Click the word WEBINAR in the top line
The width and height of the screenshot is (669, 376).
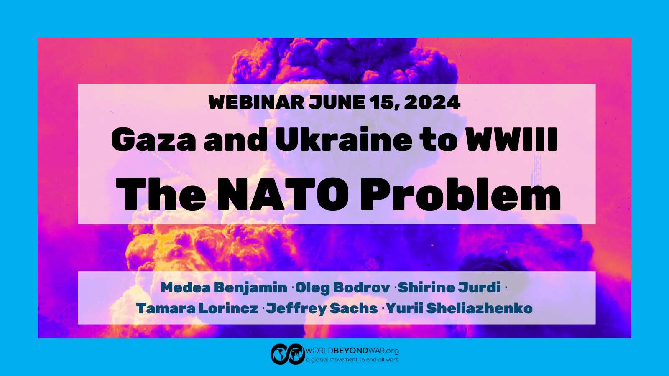(x=256, y=102)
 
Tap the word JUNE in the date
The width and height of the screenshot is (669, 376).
(x=337, y=102)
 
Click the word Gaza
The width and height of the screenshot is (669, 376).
(x=153, y=140)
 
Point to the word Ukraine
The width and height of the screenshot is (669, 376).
(x=343, y=139)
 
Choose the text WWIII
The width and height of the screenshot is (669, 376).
(x=512, y=139)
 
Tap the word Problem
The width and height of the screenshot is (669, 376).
(x=460, y=194)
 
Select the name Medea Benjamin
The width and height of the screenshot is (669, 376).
(x=224, y=288)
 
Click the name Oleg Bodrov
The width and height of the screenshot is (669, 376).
(x=342, y=288)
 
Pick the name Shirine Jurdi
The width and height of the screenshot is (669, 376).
(x=449, y=288)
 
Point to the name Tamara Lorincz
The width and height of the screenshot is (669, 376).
(x=197, y=308)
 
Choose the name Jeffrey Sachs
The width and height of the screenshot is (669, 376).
(x=322, y=309)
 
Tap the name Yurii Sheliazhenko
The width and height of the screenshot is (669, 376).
(x=459, y=308)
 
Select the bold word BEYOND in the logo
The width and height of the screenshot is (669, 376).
(x=351, y=351)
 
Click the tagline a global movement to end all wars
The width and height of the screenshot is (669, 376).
(x=352, y=360)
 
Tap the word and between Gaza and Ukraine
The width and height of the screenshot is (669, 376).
(x=235, y=140)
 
